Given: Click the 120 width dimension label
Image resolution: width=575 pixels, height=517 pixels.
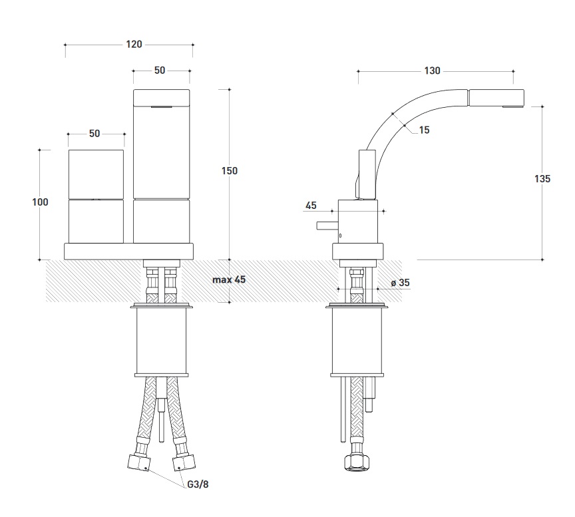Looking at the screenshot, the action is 134,45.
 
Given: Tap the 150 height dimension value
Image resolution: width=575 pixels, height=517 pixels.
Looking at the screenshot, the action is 230,171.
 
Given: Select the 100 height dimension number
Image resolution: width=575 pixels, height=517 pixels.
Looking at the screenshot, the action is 40,202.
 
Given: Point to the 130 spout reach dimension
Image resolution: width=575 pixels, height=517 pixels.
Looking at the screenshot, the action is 433,71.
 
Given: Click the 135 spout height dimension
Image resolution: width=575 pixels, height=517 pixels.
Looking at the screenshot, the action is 542,179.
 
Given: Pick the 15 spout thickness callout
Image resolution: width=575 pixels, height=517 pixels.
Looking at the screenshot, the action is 425,130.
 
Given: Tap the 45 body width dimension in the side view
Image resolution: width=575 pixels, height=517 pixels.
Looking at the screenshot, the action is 311,206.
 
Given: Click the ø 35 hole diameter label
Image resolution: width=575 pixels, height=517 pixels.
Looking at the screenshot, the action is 400,283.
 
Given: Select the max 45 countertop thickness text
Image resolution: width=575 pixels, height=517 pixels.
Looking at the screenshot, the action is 229,279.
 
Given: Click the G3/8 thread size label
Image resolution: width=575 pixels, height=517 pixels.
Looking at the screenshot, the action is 198,484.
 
